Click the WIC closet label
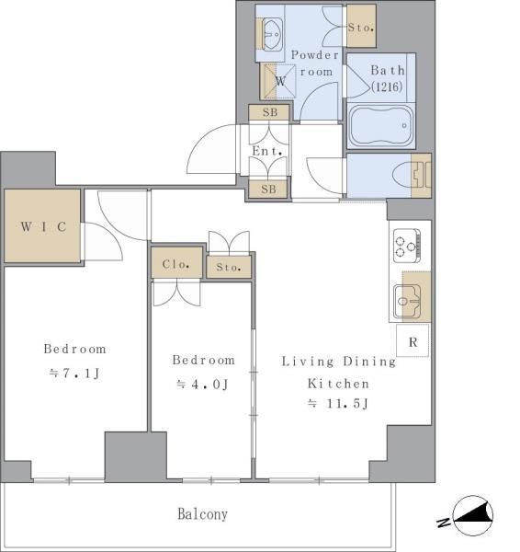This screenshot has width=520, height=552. [x=43, y=226]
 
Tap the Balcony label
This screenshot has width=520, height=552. [x=202, y=514]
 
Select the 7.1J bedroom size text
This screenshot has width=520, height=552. [x=75, y=373]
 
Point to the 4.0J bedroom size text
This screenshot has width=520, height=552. [x=203, y=384]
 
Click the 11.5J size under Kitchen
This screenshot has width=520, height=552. [x=339, y=404]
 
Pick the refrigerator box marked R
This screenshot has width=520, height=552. [x=413, y=340]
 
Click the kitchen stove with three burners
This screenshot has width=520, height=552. [x=407, y=246]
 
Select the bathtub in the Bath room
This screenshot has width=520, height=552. [x=381, y=126]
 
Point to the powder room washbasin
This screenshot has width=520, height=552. [x=270, y=34]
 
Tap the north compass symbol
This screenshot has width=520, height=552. [x=467, y=515]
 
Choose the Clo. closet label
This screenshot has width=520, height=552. [x=176, y=264]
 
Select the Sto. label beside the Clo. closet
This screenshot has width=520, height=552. [x=229, y=267]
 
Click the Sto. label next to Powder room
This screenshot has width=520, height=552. [x=361, y=28]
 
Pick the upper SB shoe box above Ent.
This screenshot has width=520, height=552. [x=270, y=112]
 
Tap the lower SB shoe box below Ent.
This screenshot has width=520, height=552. [x=268, y=189]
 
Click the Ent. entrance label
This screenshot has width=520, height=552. [x=267, y=151]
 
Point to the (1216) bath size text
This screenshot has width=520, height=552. [x=387, y=86]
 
